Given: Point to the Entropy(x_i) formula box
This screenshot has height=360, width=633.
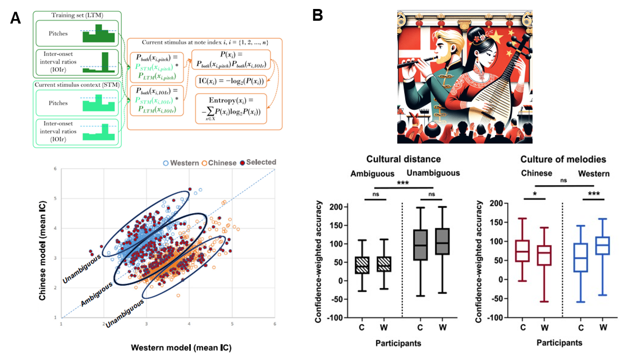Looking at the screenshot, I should (231, 107).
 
